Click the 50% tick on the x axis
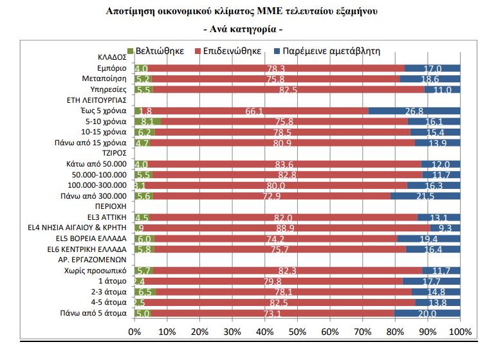(x=297, y=332)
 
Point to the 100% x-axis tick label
(x=460, y=332)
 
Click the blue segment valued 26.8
(x=414, y=111)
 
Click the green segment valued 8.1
(x=147, y=121)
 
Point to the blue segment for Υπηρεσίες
(x=442, y=89)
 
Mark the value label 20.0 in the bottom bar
(x=427, y=313)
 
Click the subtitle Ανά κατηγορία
(x=243, y=30)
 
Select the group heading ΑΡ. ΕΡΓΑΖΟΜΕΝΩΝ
(x=96, y=259)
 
